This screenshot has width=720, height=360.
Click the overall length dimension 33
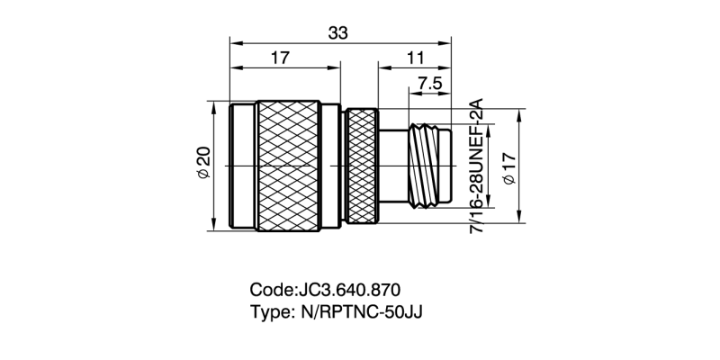[x=338, y=32]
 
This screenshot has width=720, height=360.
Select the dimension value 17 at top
[x=280, y=58]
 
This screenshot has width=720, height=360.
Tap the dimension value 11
[x=415, y=58]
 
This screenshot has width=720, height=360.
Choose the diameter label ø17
[x=508, y=167]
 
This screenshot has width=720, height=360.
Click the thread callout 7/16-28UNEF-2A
[x=477, y=166]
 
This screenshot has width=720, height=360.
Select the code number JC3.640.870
[x=347, y=290]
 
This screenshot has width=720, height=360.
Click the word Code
[x=270, y=290]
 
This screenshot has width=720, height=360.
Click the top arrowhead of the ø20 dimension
[x=214, y=105]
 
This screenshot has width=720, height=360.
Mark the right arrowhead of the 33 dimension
[x=446, y=41]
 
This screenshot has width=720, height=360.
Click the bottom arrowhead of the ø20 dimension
[x=214, y=228]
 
